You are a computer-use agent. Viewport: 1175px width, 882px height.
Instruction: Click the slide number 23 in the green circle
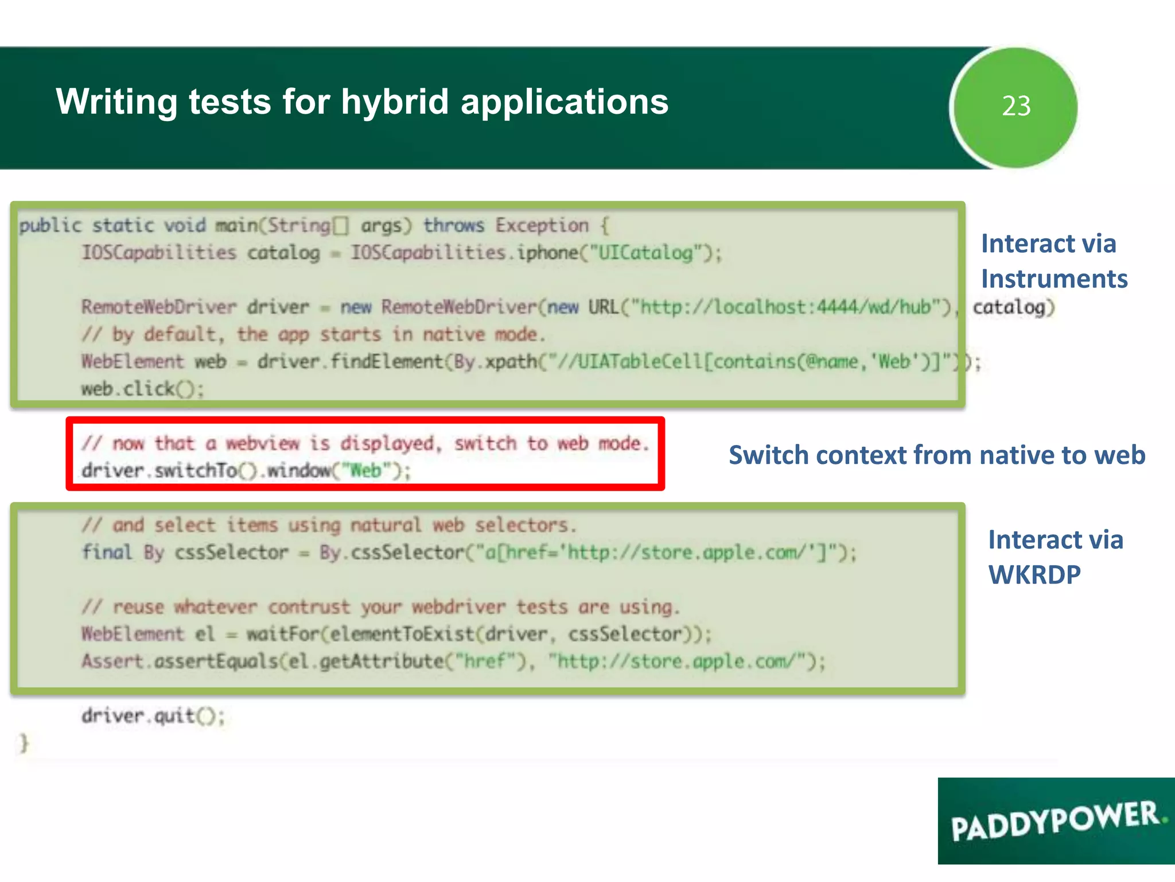coord(1016,106)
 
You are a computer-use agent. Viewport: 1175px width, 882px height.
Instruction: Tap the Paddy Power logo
coord(1056,821)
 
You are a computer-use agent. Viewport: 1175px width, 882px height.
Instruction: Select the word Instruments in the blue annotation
coord(1054,279)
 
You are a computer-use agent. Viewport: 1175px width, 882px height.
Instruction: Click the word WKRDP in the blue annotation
coord(1034,575)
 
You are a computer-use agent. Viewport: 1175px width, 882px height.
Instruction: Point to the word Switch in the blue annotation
coord(767,455)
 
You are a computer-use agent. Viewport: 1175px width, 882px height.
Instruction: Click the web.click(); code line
coord(142,389)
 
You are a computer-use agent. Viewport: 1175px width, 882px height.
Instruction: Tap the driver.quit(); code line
coord(153,716)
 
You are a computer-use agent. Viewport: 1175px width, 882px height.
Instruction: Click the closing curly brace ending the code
coord(24,743)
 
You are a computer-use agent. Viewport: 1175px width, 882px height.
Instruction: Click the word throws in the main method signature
coord(453,226)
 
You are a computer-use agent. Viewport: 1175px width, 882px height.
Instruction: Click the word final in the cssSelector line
coord(107,552)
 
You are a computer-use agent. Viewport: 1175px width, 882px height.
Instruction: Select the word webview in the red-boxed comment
coord(262,444)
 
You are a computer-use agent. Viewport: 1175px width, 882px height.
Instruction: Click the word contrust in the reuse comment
coord(309,608)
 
